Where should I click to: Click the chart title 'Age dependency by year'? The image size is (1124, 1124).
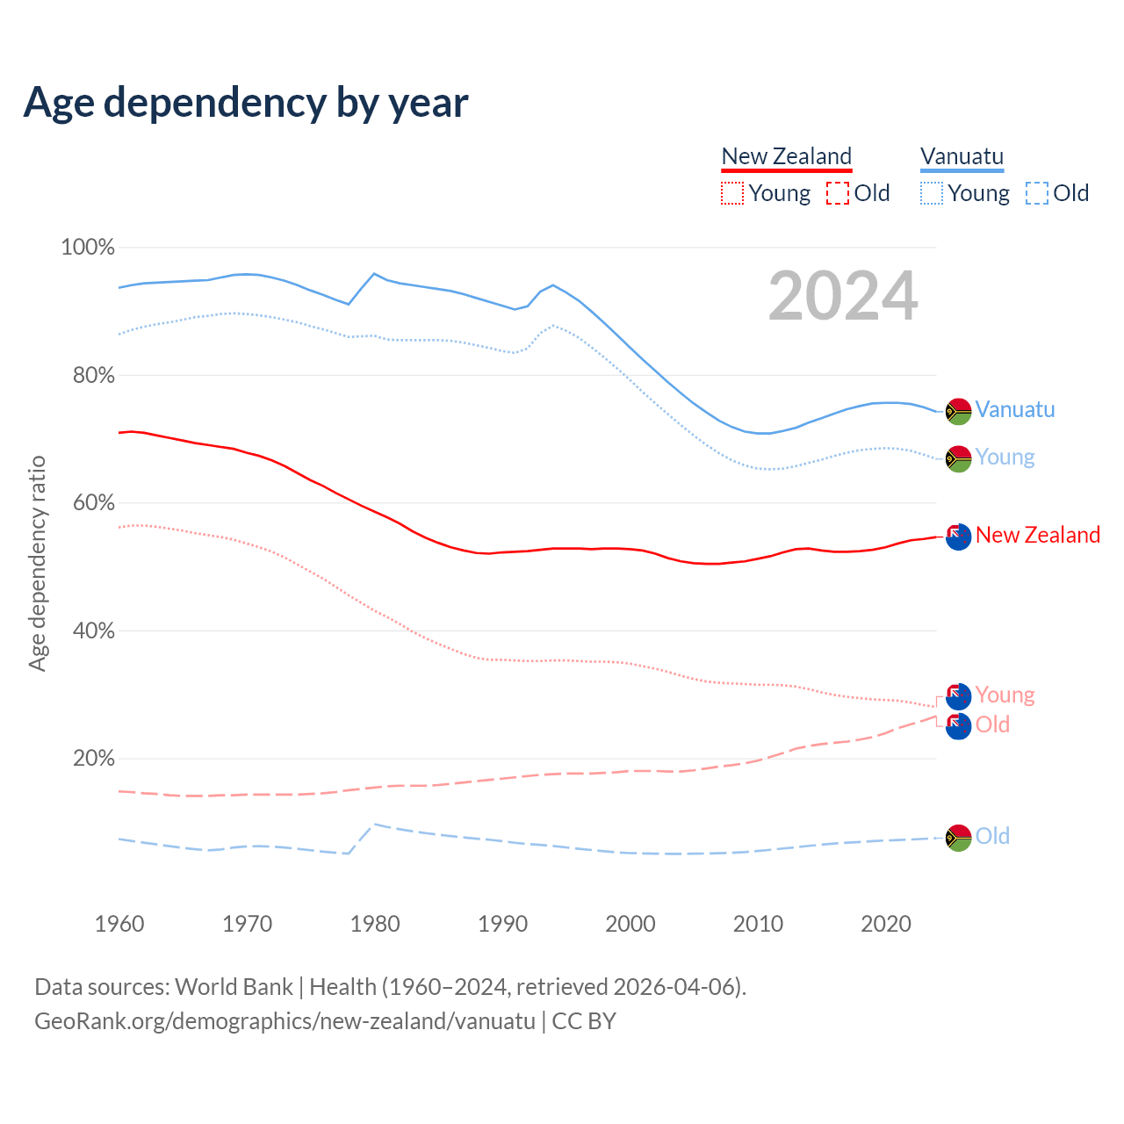(246, 103)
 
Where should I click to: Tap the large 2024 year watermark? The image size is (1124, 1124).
(843, 296)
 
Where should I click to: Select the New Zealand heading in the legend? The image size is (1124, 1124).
(786, 156)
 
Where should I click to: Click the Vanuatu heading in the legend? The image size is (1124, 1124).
(962, 156)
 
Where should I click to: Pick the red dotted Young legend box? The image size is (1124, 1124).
(731, 193)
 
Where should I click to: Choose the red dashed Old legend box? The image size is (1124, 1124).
(838, 193)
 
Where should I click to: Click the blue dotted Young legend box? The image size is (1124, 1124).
(932, 193)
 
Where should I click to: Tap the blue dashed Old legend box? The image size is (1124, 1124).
(1037, 193)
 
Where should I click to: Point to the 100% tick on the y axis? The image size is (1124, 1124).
(88, 248)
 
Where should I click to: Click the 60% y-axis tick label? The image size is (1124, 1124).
(92, 503)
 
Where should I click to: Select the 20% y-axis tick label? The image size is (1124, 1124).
(93, 759)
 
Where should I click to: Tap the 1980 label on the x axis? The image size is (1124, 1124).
(375, 924)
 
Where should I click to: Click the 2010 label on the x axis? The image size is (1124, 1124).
(758, 924)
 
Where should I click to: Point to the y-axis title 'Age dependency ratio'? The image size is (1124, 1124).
(37, 563)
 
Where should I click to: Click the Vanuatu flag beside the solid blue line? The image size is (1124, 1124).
(958, 411)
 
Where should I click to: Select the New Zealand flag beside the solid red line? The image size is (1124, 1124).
(958, 536)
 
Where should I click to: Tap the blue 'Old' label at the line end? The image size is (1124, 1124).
(992, 836)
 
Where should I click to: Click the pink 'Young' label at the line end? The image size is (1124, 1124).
(1005, 695)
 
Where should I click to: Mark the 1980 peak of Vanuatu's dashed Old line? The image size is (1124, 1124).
(375, 824)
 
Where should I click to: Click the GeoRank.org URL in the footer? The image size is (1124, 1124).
(285, 1021)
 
